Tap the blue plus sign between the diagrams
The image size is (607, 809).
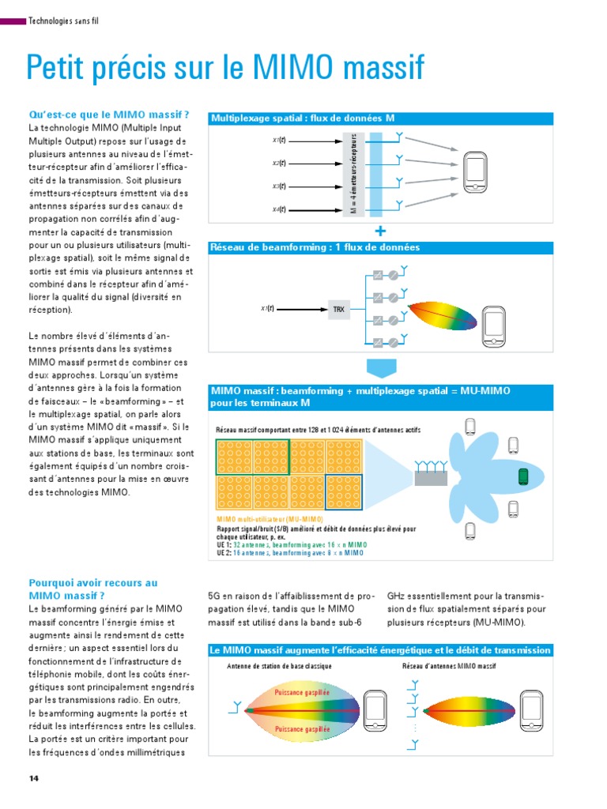(x=382, y=231)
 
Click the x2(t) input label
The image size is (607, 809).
(x=279, y=164)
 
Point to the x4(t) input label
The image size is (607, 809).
(x=279, y=209)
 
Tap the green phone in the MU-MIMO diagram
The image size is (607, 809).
(x=522, y=476)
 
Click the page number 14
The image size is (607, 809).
(x=33, y=778)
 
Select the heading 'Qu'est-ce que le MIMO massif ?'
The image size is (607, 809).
(x=109, y=115)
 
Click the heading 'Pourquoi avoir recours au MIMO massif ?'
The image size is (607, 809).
(x=92, y=589)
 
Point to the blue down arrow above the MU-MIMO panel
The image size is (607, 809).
(x=382, y=369)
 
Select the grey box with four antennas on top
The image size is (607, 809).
(x=431, y=477)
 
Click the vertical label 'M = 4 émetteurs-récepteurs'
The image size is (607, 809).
(x=354, y=173)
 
